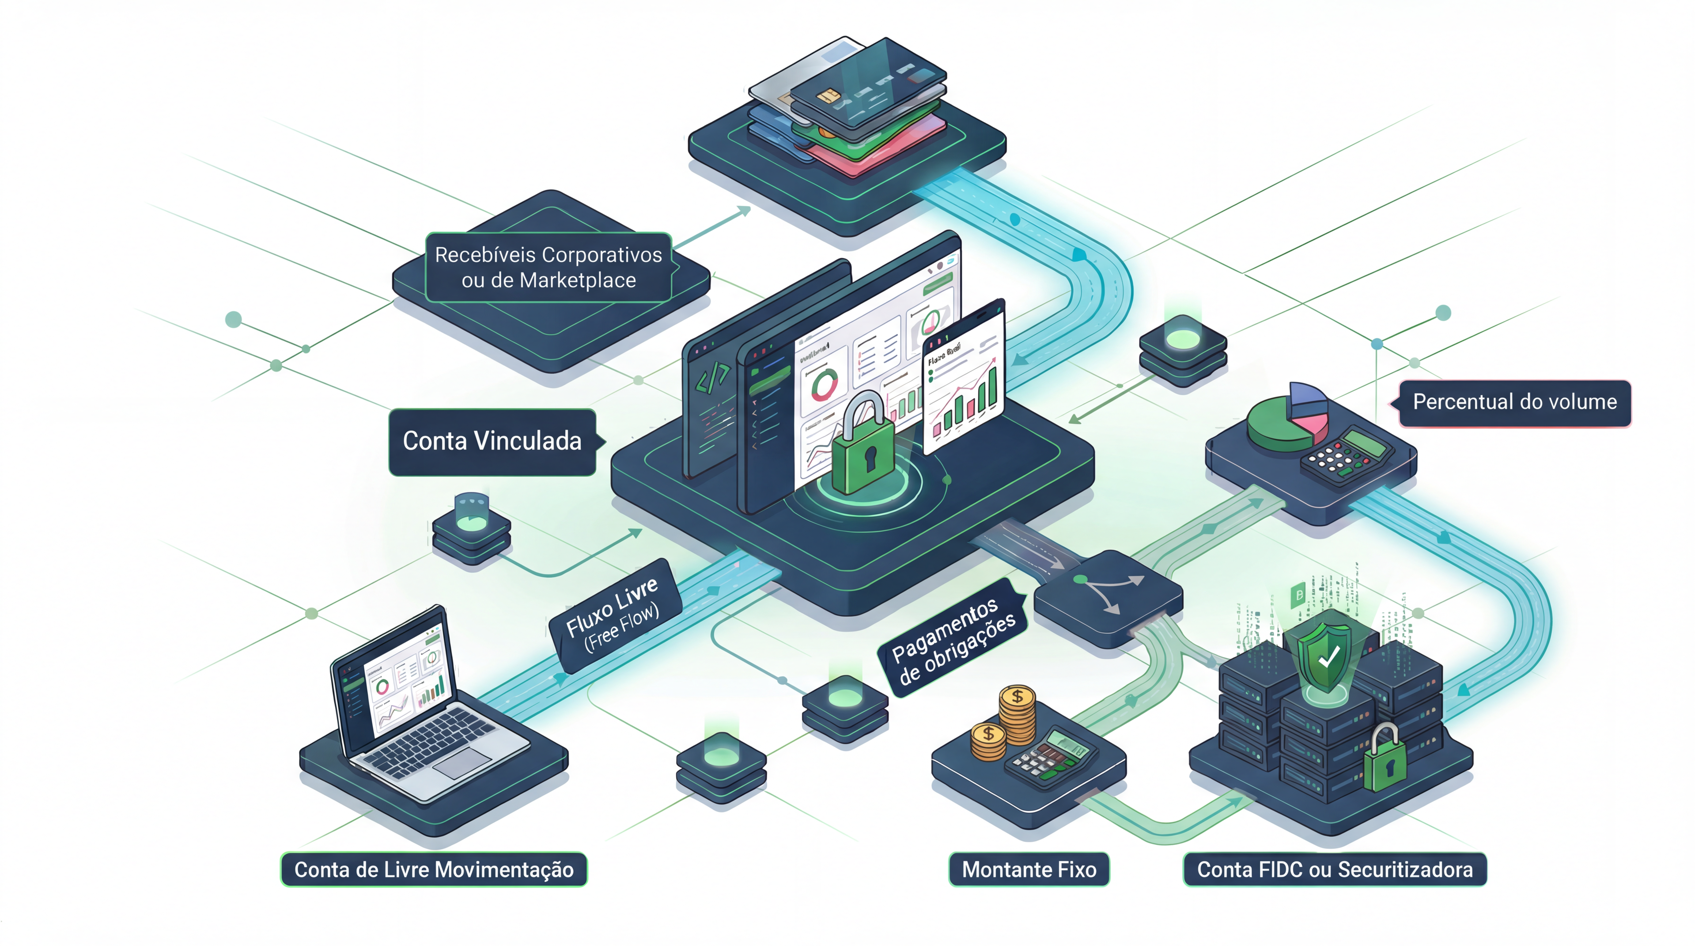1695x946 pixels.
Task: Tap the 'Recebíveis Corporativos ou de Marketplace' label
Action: coord(548,267)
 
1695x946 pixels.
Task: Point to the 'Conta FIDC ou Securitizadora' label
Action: coord(1334,870)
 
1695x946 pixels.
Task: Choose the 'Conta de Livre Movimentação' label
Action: coord(434,870)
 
